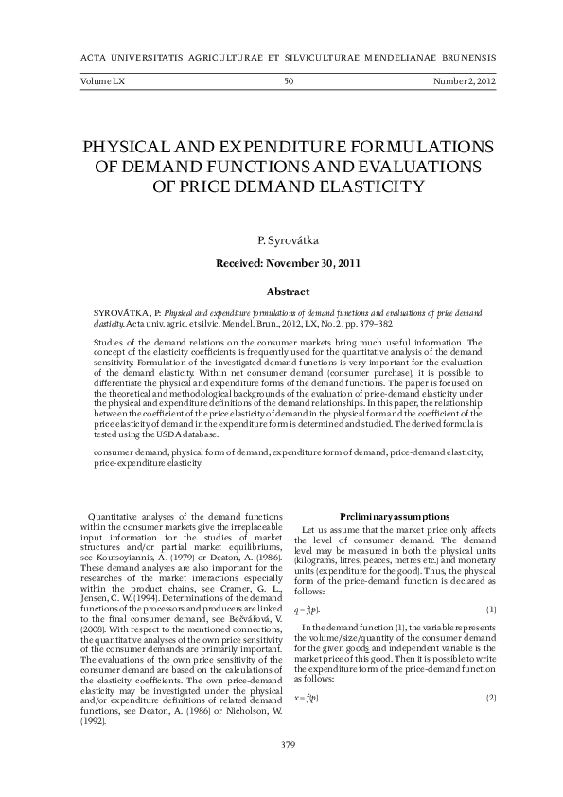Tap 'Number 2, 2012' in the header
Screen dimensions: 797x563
tap(465, 82)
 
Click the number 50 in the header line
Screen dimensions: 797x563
tap(289, 82)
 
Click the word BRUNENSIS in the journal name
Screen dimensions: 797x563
tap(466, 56)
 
